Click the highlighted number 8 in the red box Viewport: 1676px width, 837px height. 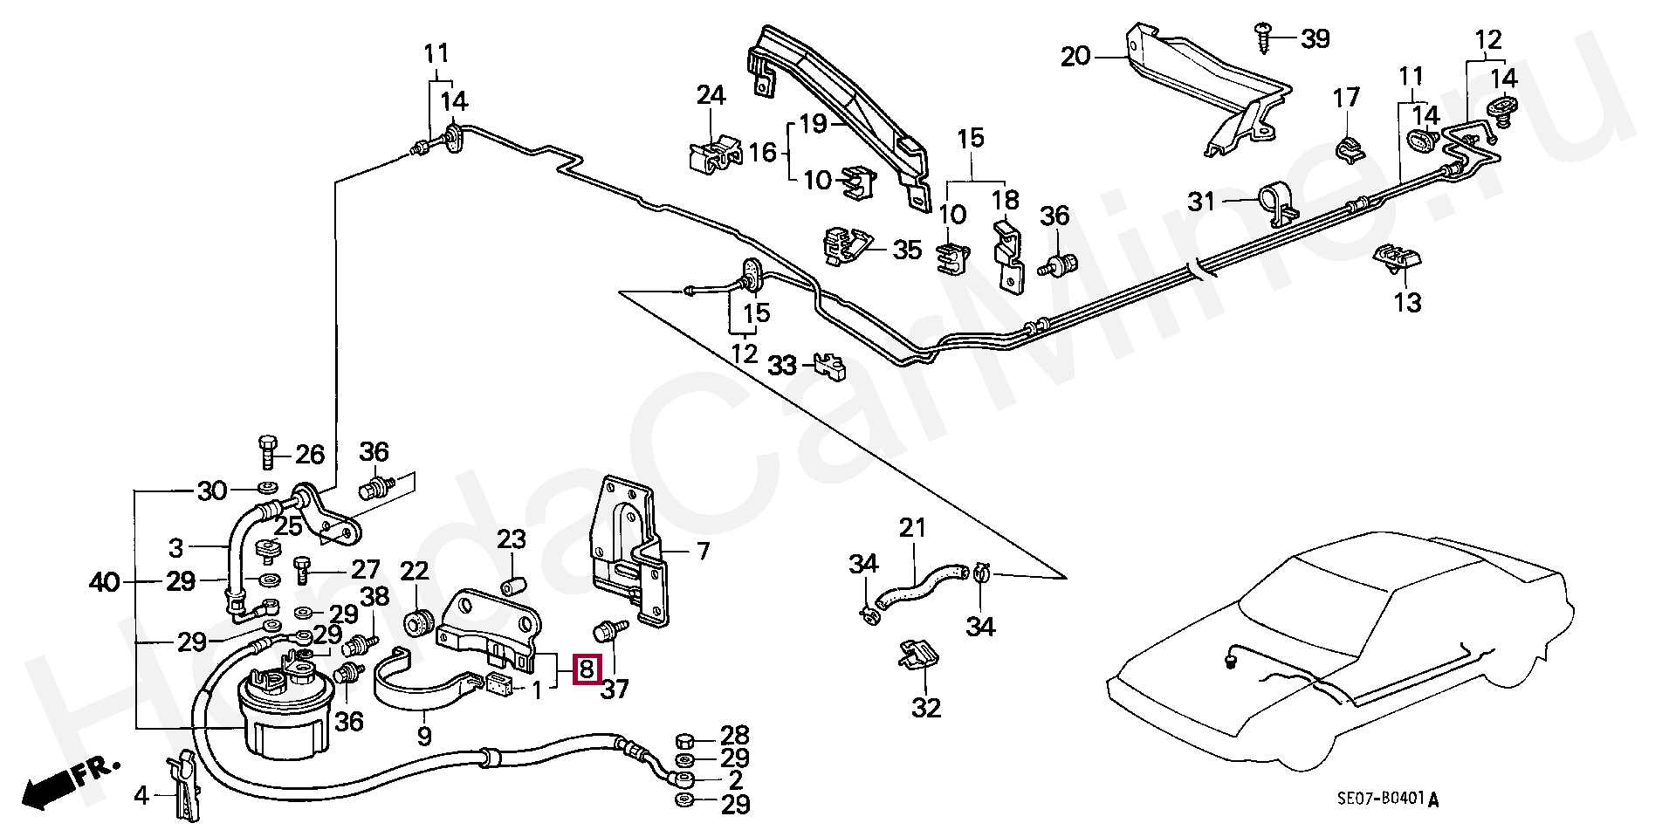pos(587,669)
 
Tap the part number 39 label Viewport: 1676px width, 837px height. pos(1315,38)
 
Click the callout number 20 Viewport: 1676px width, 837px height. pos(1075,58)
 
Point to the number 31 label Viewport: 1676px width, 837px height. pos(1202,202)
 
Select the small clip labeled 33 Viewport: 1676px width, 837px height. pos(830,366)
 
